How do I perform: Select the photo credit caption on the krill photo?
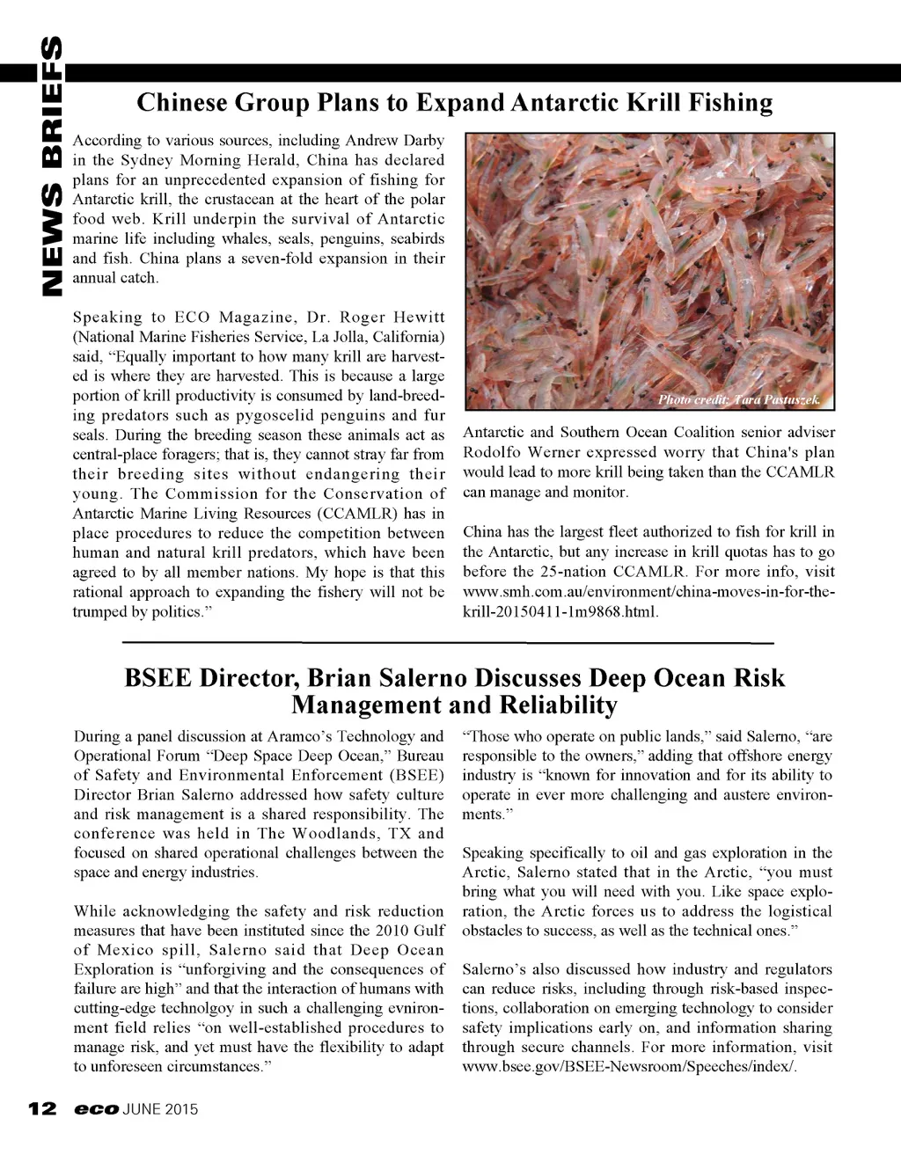[738, 400]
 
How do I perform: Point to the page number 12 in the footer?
[42, 1108]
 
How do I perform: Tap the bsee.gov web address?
[629, 1067]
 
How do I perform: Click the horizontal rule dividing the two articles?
[448, 643]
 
